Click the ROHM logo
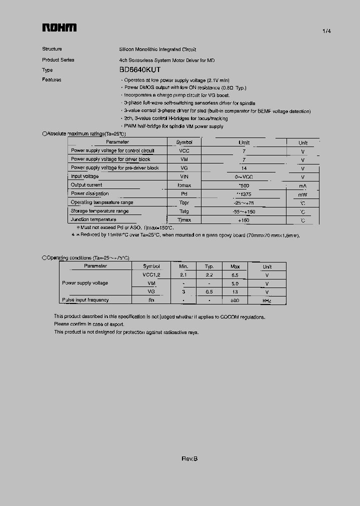[59, 28]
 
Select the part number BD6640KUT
[140, 70]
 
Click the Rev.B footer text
[189, 459]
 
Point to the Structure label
[52, 49]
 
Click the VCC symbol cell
[184, 150]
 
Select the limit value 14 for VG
[244, 168]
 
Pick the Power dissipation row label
[89, 193]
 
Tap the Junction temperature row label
[93, 219]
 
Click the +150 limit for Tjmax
[244, 220]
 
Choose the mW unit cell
[302, 194]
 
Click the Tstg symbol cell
[184, 211]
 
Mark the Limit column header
[244, 142]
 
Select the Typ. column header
[209, 266]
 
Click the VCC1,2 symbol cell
[151, 274]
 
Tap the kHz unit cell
[267, 300]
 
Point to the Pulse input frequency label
[85, 300]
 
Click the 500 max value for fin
[235, 300]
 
